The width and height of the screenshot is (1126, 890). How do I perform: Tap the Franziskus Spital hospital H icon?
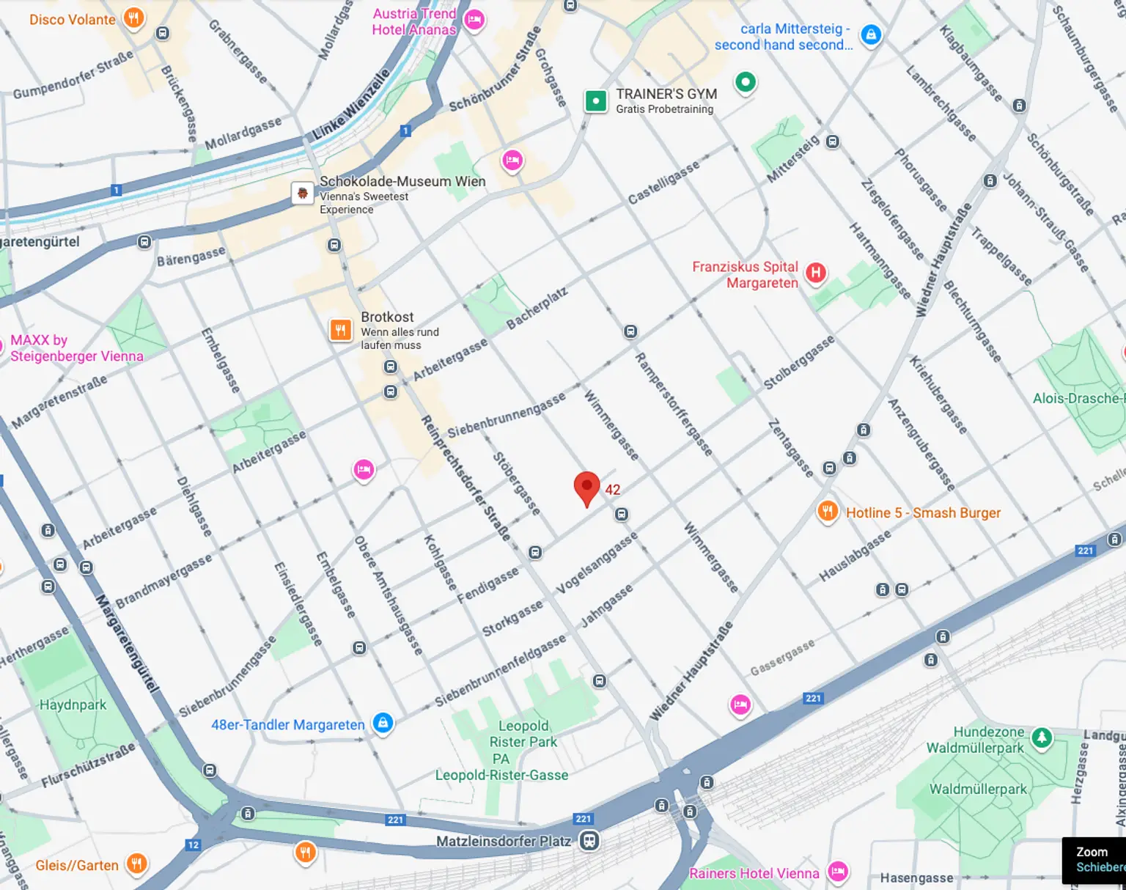[x=815, y=273]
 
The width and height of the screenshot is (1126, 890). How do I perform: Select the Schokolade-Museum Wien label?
[x=402, y=181]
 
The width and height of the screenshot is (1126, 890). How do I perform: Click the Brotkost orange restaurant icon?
[x=340, y=330]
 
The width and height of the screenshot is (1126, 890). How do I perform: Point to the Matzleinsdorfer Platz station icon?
[x=589, y=841]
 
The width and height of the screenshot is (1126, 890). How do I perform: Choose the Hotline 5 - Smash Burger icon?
[x=828, y=512]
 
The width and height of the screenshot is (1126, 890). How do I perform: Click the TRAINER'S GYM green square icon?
[x=596, y=100]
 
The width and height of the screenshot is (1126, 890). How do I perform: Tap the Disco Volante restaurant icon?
[x=133, y=18]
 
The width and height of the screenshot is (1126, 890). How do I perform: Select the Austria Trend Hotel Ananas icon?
[x=474, y=20]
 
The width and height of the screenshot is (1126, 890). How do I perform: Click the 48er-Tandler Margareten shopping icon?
[x=383, y=723]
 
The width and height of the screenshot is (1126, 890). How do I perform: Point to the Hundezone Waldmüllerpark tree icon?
[x=1042, y=738]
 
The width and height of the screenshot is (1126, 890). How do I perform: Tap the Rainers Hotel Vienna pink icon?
[x=838, y=872]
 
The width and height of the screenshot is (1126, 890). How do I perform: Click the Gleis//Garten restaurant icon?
[x=136, y=864]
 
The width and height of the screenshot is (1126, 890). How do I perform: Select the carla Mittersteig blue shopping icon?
[x=870, y=34]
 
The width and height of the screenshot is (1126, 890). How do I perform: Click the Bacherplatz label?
[x=537, y=309]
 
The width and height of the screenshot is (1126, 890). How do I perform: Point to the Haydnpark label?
[x=73, y=705]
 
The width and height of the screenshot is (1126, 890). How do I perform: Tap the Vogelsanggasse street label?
[x=597, y=563]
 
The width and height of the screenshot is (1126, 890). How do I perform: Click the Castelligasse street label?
[x=663, y=183]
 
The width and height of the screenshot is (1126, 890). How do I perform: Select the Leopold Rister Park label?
[x=523, y=734]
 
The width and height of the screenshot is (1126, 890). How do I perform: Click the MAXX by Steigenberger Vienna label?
[x=76, y=348]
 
